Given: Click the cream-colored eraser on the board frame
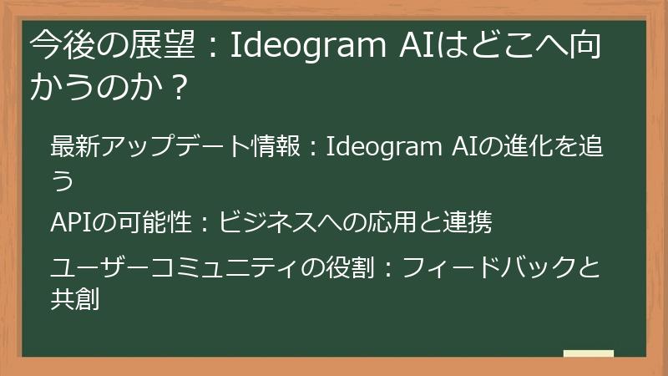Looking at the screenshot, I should (x=588, y=354).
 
